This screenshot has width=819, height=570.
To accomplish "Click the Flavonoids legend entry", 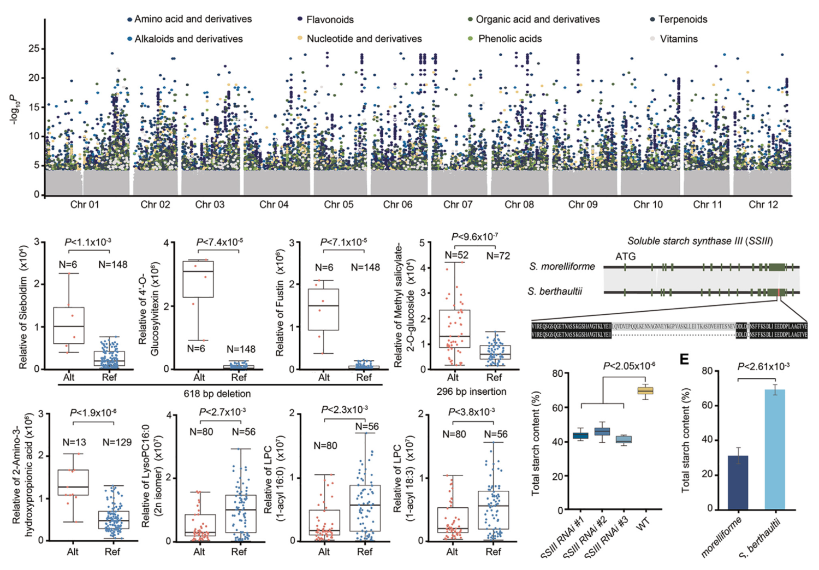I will (329, 20).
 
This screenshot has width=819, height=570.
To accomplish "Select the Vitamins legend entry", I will (678, 39).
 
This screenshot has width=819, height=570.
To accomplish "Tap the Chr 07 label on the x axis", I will (458, 205).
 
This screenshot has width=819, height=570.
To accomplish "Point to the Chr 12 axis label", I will (763, 205).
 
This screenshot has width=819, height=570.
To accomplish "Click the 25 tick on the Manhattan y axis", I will (33, 49).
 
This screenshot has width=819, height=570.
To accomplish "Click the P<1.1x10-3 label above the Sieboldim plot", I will (87, 242).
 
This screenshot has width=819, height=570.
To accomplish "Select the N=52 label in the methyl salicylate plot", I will (456, 255).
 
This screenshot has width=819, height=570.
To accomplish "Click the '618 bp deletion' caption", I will (217, 394).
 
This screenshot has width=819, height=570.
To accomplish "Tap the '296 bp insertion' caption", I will (471, 391).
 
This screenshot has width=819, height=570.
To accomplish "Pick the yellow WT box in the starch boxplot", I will (645, 390).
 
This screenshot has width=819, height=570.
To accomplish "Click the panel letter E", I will (684, 359).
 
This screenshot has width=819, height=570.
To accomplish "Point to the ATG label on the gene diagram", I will (625, 256).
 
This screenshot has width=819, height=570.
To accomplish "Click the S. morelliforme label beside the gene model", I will (562, 267).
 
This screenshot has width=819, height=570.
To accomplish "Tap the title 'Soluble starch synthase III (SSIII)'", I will (699, 241).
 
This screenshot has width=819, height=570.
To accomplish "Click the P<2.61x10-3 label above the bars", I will (763, 366).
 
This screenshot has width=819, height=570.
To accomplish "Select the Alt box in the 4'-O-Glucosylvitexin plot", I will (198, 279).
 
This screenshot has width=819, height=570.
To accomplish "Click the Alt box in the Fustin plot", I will (323, 310).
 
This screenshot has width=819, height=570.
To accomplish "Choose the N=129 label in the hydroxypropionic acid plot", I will (117, 442).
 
